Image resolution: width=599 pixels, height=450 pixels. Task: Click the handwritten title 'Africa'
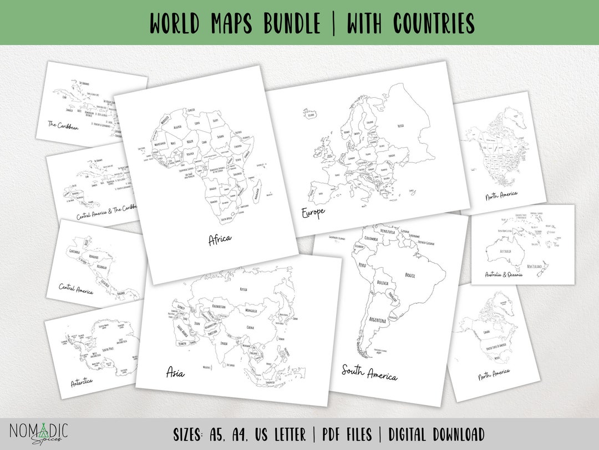click(220, 239)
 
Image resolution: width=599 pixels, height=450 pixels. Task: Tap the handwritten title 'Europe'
click(313, 212)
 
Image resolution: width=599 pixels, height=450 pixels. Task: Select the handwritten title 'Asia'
click(176, 373)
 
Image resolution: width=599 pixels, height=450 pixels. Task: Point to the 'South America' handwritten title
click(369, 372)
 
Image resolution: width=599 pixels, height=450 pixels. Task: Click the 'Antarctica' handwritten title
click(82, 382)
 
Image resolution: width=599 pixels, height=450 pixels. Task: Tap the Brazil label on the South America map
click(410, 275)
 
